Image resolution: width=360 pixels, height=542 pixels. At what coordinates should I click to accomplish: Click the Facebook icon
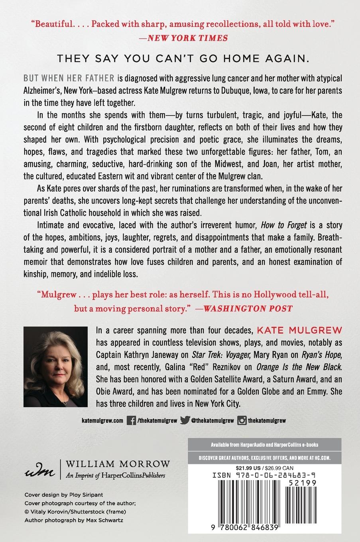(130, 420)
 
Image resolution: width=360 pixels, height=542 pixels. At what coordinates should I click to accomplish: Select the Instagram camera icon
(242, 420)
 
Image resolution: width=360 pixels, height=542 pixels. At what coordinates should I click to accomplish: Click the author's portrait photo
(55, 361)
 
